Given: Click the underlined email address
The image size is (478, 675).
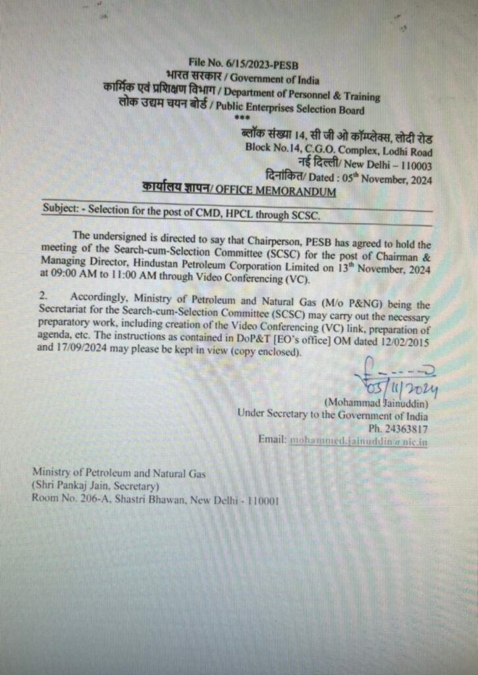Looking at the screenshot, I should (358, 440).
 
